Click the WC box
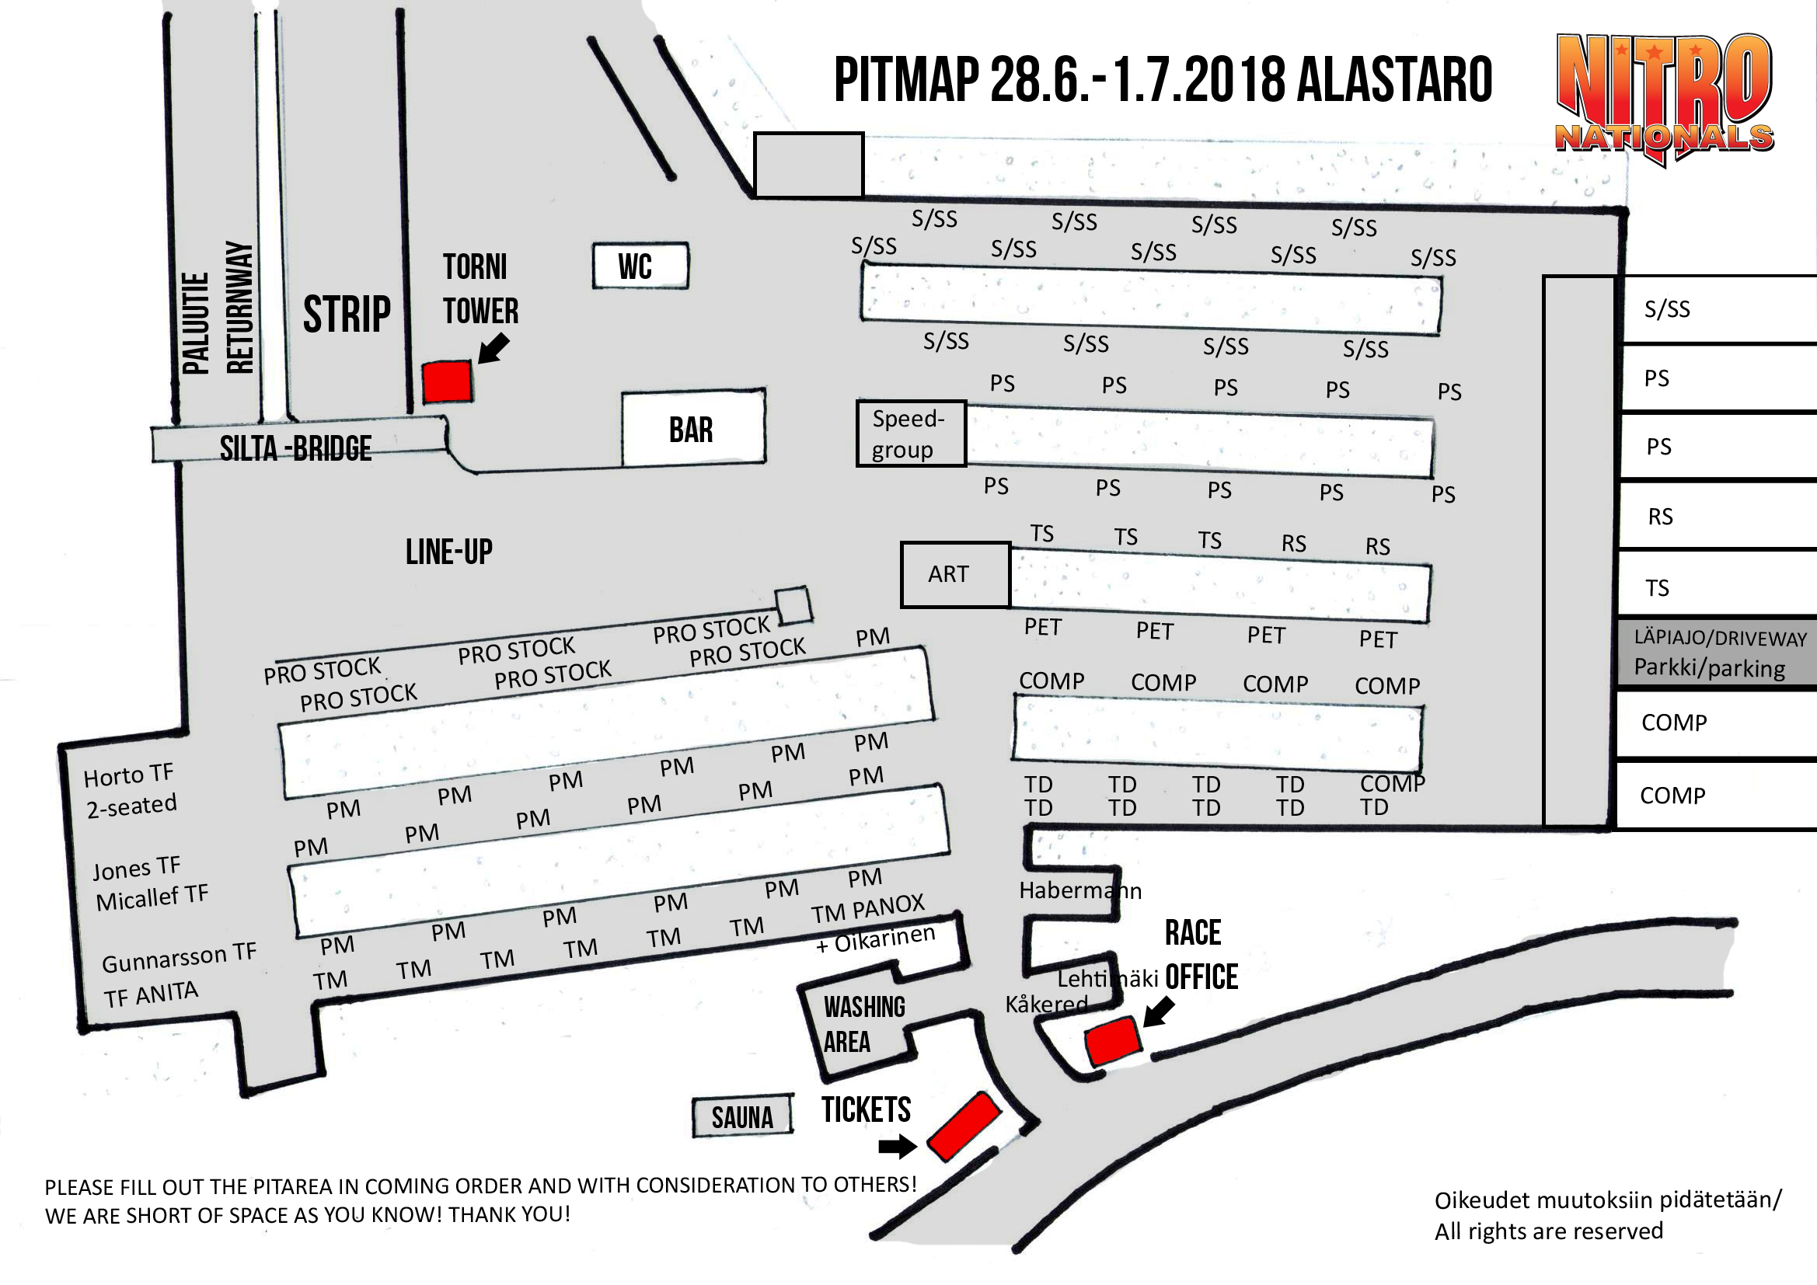pyautogui.click(x=640, y=266)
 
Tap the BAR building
pyautogui.click(x=693, y=427)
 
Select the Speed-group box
pyautogui.click(x=911, y=434)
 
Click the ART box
pyautogui.click(x=955, y=574)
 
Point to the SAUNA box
pyautogui.click(x=742, y=1116)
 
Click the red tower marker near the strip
pyautogui.click(x=447, y=382)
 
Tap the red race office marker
pyautogui.click(x=1113, y=1041)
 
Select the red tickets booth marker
pyautogui.click(x=964, y=1127)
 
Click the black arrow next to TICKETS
pyautogui.click(x=898, y=1146)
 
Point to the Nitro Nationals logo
pyautogui.click(x=1663, y=99)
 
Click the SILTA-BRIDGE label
pyautogui.click(x=295, y=448)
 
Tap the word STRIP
pyautogui.click(x=347, y=314)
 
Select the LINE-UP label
pyautogui.click(x=448, y=552)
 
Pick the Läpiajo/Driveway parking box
pyautogui.click(x=1718, y=652)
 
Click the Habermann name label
pyautogui.click(x=1080, y=890)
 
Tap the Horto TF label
pyautogui.click(x=128, y=775)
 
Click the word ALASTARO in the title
pyautogui.click(x=1394, y=80)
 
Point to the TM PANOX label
pyautogui.click(x=867, y=909)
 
